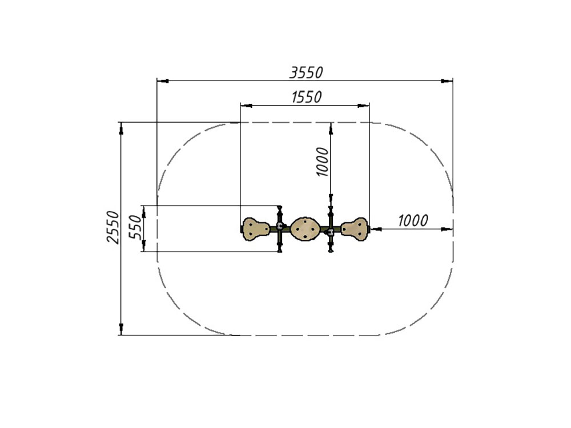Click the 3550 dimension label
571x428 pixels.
click(x=306, y=73)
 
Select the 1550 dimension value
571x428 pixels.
click(x=307, y=97)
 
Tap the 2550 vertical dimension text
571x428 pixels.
click(x=113, y=227)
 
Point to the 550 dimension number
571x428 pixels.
click(x=135, y=227)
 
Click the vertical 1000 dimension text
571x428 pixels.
click(x=322, y=161)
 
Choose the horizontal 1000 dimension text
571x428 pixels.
click(x=413, y=220)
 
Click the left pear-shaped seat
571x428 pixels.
click(x=256, y=229)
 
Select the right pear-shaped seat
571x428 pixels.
click(x=354, y=229)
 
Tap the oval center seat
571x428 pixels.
click(x=305, y=229)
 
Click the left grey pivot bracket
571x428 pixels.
click(x=280, y=226)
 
